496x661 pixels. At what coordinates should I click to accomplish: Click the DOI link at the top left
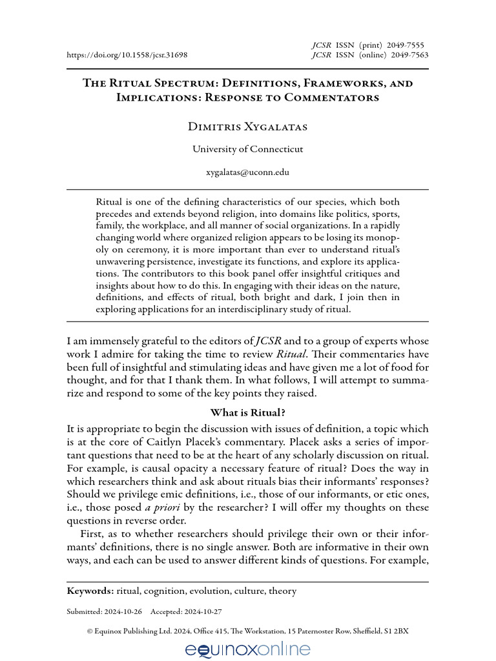point(127,55)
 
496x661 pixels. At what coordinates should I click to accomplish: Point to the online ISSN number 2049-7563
point(409,55)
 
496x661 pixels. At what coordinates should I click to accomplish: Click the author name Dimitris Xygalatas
point(247,127)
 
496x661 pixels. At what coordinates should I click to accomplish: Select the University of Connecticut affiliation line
point(247,149)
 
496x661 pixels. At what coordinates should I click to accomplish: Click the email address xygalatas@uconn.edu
point(247,172)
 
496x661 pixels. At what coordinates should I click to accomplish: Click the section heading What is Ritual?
point(248,412)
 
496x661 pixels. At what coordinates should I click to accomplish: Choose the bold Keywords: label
point(90,591)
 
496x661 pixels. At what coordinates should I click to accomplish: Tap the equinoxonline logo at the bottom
point(247,649)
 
